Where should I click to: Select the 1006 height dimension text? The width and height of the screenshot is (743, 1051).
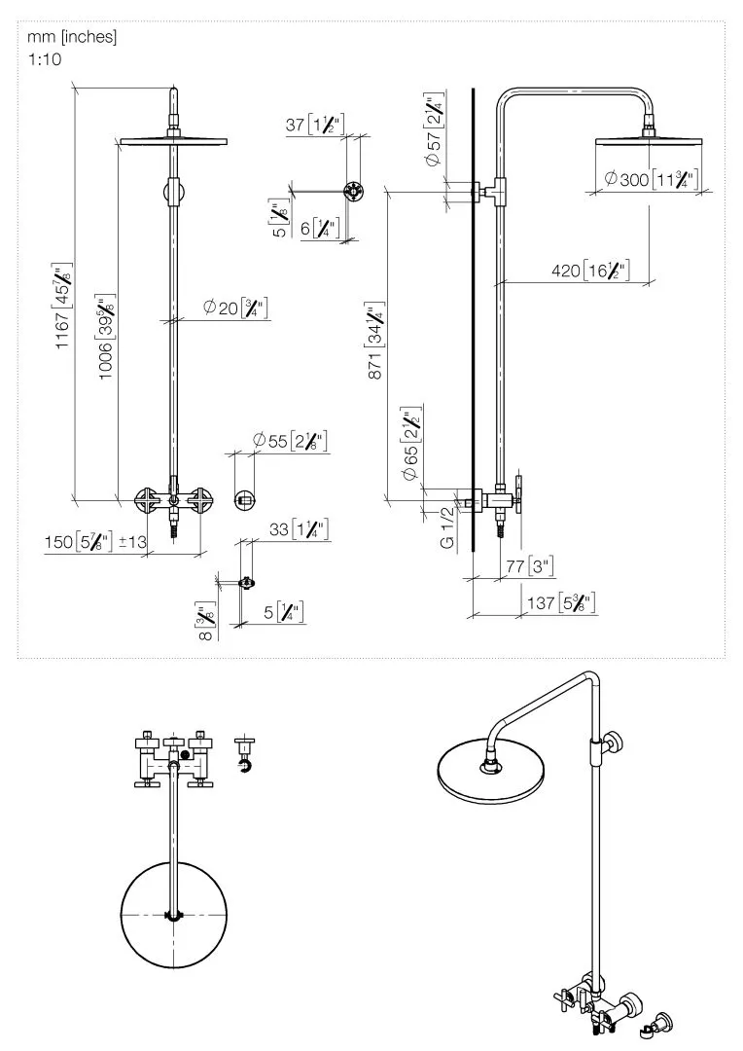point(107,336)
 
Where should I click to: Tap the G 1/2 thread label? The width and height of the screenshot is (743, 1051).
point(446,527)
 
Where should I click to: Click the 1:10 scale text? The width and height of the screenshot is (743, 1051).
point(44,58)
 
